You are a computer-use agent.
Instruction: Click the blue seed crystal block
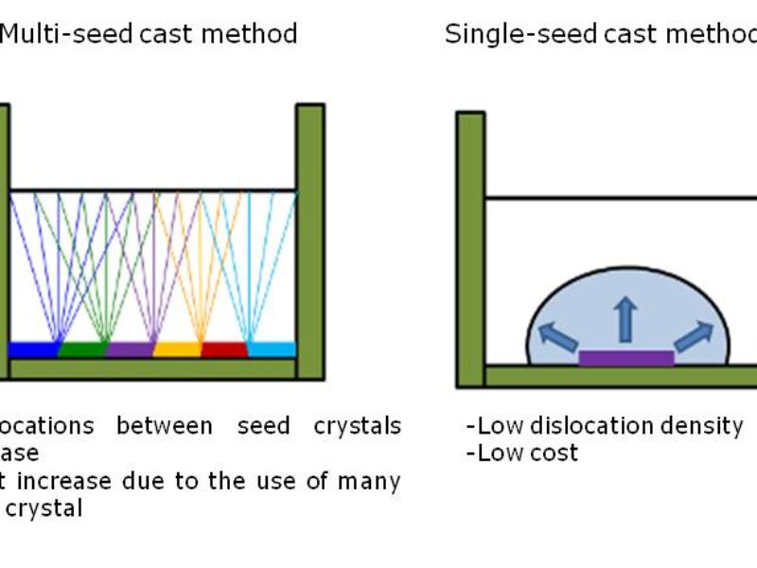point(33,349)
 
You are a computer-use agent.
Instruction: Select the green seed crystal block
point(81,349)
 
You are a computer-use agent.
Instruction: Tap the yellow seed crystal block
point(177,349)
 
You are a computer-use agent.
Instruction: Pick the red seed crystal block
point(224,349)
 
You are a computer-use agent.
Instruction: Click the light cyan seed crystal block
point(272,349)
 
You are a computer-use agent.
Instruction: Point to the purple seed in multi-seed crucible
point(129,349)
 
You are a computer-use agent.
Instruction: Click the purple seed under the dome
point(625,358)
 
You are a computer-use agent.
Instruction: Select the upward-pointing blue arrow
point(625,319)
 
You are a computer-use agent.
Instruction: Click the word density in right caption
point(704,426)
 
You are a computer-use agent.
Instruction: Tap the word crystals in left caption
point(357,426)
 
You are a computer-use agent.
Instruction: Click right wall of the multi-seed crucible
point(310,240)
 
